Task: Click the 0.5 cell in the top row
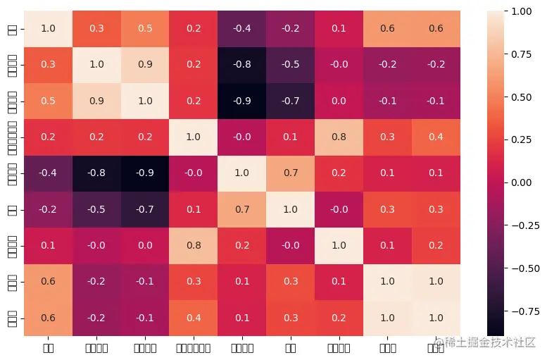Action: [x=144, y=28]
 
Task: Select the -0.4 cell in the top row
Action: [x=241, y=28]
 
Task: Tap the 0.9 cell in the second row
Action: [x=144, y=64]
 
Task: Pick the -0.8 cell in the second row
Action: [x=241, y=64]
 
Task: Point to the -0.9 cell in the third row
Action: [x=241, y=100]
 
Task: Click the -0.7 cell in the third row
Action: [x=291, y=100]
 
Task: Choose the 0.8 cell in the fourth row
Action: [x=339, y=136]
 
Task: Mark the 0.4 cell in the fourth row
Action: [x=436, y=136]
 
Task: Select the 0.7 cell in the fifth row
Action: [x=291, y=173]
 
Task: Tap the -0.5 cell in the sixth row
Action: [x=95, y=209]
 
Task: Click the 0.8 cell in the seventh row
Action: [x=193, y=244]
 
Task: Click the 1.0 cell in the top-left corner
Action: [x=46, y=28]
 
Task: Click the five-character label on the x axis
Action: [x=193, y=347]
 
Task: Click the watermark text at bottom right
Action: [x=486, y=343]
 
